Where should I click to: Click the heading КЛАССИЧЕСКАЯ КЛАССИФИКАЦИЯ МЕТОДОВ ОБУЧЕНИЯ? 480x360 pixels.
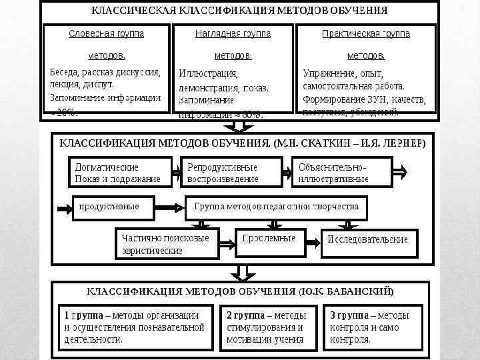click(x=239, y=11)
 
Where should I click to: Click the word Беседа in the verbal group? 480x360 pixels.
click(x=65, y=72)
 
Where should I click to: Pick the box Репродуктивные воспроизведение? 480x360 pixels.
click(x=231, y=172)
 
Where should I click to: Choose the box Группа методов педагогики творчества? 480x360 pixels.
click(x=276, y=207)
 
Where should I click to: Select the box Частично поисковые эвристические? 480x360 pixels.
click(x=166, y=244)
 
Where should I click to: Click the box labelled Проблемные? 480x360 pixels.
click(x=269, y=239)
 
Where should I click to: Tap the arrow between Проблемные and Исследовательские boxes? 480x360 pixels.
click(x=312, y=239)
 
